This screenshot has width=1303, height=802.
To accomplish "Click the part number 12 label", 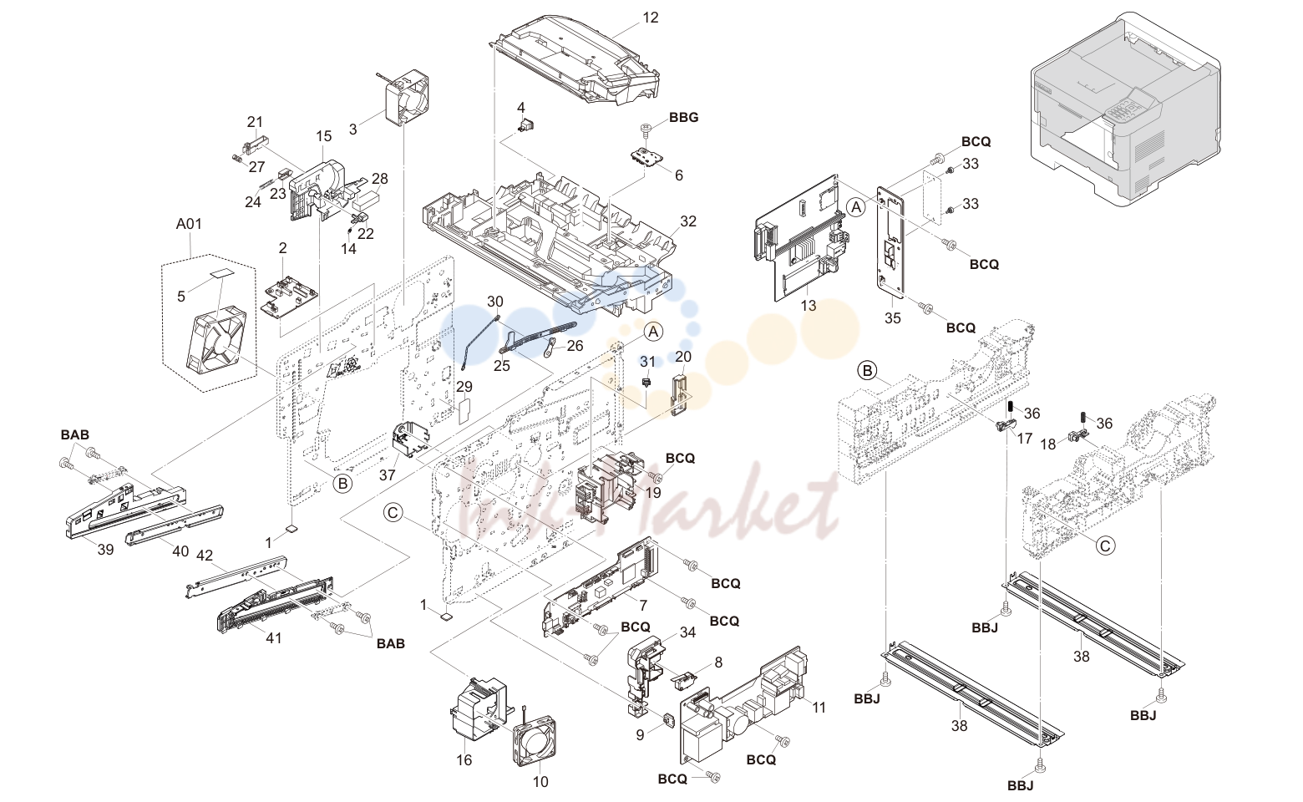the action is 651,18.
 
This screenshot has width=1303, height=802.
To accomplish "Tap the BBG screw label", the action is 683,118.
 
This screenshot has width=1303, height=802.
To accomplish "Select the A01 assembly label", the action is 189,224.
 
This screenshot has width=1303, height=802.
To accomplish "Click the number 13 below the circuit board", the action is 808,306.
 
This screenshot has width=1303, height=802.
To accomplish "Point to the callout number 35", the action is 892,317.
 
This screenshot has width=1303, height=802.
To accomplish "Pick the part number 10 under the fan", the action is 540,782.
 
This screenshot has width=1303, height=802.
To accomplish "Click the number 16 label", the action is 464,760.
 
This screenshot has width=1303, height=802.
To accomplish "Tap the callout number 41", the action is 273,638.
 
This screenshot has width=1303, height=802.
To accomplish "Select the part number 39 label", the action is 105,550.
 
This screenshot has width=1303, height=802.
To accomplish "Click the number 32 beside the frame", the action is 688,221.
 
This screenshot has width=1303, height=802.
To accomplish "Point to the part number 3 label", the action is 352,129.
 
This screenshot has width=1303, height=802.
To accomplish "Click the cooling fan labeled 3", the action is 407,96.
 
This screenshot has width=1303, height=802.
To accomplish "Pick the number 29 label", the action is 464,387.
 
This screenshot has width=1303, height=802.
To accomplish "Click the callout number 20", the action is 683,356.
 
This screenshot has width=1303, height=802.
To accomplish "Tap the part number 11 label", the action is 819,708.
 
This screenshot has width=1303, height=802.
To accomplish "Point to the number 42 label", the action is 205,556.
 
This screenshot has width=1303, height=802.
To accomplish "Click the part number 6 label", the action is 679,175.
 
